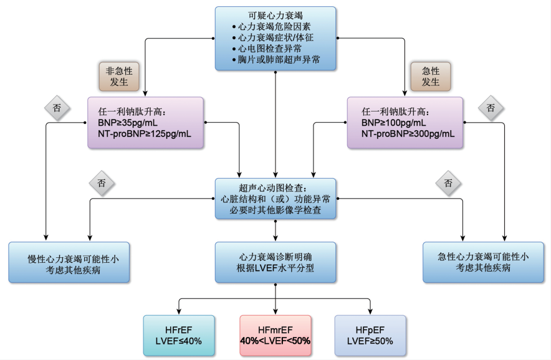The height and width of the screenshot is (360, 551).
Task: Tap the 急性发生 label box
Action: coord(430,75)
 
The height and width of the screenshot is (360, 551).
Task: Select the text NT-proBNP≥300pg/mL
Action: coord(408,134)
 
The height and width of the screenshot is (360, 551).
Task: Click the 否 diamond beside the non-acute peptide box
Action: coord(56,107)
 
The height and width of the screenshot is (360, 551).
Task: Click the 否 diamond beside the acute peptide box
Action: coord(491,107)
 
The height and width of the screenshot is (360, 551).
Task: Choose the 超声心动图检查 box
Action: coord(275,199)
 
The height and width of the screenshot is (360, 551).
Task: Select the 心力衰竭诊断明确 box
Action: coord(275,262)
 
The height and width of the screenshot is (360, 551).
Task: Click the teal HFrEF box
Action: coord(178,334)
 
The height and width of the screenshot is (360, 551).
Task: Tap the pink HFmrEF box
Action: coord(275,334)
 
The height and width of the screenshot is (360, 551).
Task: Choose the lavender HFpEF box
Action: coord(370,334)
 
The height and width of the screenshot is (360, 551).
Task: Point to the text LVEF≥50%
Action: coord(370,341)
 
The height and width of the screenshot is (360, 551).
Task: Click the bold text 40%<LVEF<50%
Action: coord(275,341)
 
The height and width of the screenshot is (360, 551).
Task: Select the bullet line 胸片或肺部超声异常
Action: coord(279,60)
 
